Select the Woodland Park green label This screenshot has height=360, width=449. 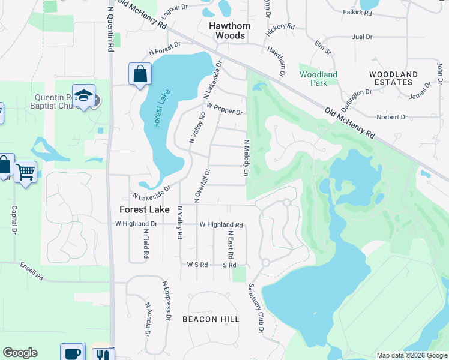(318, 79)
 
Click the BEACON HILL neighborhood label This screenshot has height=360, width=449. (211, 319)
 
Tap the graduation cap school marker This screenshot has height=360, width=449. (84, 96)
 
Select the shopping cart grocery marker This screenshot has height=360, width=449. (25, 172)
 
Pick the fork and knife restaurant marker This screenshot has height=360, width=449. (103, 355)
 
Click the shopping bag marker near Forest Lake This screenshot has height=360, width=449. (140, 74)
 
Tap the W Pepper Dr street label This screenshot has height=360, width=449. (224, 109)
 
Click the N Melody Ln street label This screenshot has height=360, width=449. (246, 158)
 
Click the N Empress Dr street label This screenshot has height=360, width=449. (166, 300)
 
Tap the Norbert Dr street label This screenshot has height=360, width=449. (392, 117)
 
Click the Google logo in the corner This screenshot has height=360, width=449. (20, 353)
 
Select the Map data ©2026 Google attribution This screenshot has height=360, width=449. (411, 355)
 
